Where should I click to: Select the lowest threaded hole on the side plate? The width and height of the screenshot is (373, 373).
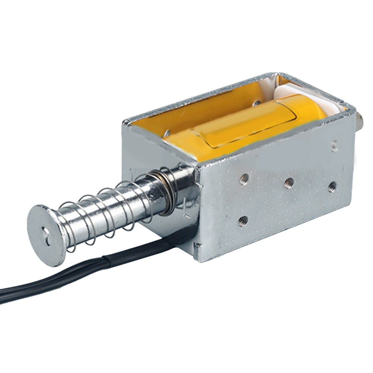coord(243,221)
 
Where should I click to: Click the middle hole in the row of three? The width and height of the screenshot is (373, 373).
coord(289,183)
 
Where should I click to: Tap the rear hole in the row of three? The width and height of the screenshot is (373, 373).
coord(332,186)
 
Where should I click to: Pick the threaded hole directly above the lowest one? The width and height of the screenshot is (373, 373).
coord(244,179)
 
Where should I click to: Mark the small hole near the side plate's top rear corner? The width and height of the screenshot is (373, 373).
coord(334,146)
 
